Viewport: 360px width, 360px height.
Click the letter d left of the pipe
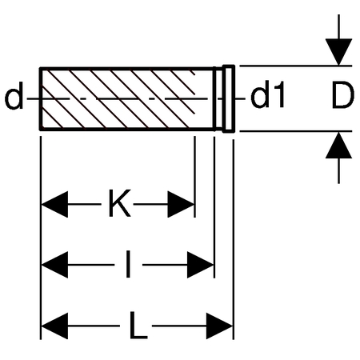(14, 95)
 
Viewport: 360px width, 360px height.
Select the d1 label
(268, 94)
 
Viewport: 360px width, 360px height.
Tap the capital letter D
(343, 95)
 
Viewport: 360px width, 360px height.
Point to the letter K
(120, 203)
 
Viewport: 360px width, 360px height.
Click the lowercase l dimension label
(128, 264)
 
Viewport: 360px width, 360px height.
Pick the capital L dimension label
(138, 325)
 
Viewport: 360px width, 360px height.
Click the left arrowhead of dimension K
(54, 204)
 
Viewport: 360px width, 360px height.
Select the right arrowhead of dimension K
(181, 204)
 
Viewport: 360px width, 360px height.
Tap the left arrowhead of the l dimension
(54, 265)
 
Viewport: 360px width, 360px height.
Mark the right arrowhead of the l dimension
(201, 265)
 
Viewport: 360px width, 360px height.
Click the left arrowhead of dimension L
(54, 326)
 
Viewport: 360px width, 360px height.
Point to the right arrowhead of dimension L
(220, 326)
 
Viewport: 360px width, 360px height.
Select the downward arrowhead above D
(338, 52)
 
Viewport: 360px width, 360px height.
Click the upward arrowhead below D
(338, 146)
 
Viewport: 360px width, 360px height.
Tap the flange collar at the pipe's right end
(229, 98)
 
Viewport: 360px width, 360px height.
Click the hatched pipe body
(127, 99)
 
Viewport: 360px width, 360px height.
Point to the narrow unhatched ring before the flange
(219, 99)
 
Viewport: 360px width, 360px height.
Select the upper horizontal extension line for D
(296, 66)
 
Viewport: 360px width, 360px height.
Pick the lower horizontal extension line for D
(296, 131)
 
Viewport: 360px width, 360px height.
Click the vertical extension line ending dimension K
(195, 177)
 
